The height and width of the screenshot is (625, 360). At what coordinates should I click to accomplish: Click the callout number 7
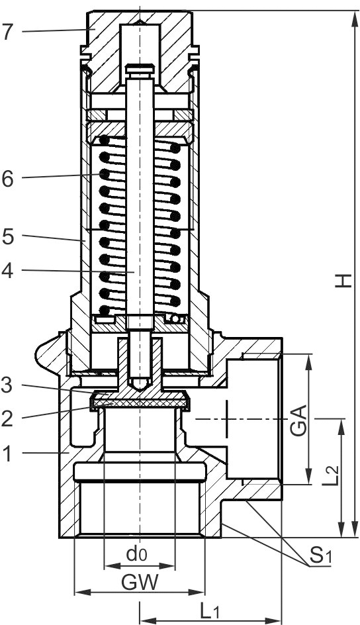(x=7, y=32)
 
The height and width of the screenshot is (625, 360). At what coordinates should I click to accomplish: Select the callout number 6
(x=7, y=179)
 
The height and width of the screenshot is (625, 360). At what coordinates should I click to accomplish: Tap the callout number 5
(x=7, y=237)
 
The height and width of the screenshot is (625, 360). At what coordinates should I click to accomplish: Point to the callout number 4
(x=7, y=271)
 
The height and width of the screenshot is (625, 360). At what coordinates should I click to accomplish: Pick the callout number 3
(x=7, y=386)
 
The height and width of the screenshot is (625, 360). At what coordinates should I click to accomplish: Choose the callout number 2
(x=7, y=418)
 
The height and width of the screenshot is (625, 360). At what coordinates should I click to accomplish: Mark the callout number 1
(x=7, y=454)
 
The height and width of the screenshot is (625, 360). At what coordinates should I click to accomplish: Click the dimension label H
(x=343, y=280)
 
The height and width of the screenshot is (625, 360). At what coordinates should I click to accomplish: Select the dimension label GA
(x=298, y=420)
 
